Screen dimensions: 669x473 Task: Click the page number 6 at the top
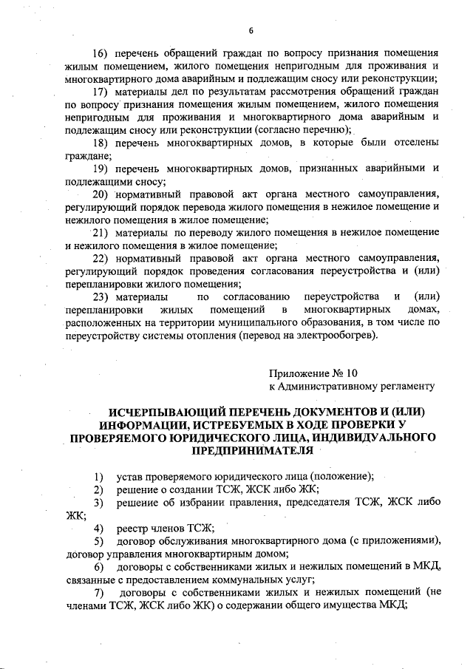pyautogui.click(x=251, y=30)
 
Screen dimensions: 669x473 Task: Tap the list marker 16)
pyautogui.click(x=101, y=54)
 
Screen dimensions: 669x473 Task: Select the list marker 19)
pyautogui.click(x=101, y=169)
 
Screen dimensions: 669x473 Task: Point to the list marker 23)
pyautogui.click(x=102, y=297)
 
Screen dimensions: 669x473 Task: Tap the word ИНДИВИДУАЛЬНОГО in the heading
pyautogui.click(x=374, y=438)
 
